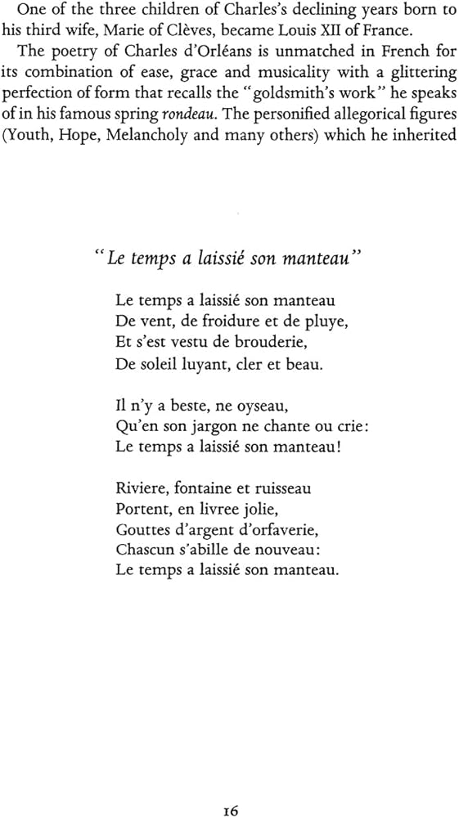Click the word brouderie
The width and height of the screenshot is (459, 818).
tap(243, 343)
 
